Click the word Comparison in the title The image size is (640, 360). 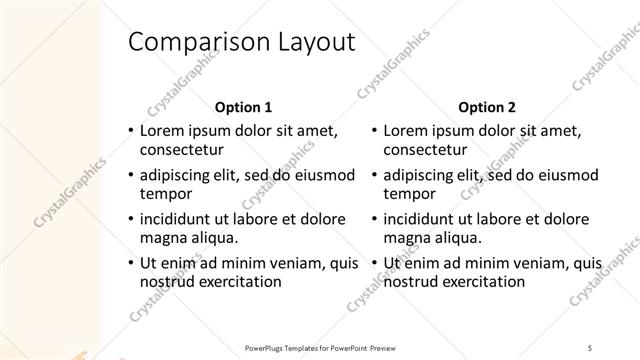click(189, 43)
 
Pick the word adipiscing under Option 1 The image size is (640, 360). click(182, 174)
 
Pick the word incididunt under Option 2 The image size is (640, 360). click(426, 218)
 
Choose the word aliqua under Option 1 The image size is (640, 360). click(214, 238)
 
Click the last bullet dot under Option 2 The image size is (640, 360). click(373, 263)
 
